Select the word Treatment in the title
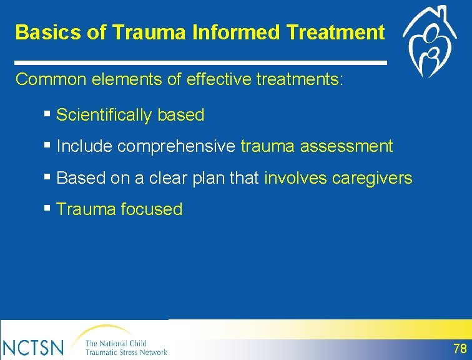(x=336, y=32)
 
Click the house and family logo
(x=430, y=41)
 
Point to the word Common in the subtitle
(x=51, y=79)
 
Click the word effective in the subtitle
(x=219, y=79)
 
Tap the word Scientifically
(x=104, y=115)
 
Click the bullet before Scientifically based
(x=47, y=114)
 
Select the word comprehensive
(x=177, y=146)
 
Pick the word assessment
(x=347, y=146)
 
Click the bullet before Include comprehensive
(x=47, y=145)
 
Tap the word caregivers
(x=372, y=178)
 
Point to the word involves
(x=295, y=177)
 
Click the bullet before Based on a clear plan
(x=47, y=176)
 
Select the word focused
(x=152, y=209)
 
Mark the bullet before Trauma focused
(x=47, y=208)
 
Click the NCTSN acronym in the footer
(x=34, y=348)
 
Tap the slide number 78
(x=460, y=349)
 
